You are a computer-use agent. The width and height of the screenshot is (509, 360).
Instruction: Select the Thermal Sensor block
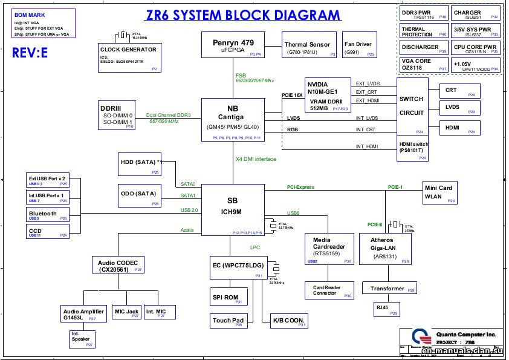(x=307, y=47)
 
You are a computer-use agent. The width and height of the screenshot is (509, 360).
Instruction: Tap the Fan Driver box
(x=358, y=47)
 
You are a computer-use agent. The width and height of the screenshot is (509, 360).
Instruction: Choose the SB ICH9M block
(x=232, y=209)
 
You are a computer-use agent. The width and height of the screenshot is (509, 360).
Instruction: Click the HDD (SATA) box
(x=140, y=164)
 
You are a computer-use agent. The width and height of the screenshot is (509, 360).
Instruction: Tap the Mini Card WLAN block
(x=440, y=192)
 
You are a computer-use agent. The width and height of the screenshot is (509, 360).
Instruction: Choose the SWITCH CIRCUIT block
(x=412, y=106)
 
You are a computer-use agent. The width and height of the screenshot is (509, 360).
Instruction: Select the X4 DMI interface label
(x=255, y=159)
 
